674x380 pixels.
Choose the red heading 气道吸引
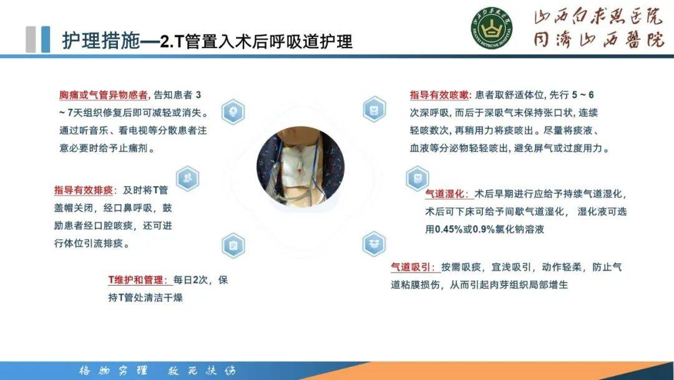413,267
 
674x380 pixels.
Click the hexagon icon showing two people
188,178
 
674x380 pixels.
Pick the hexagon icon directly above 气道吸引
374,242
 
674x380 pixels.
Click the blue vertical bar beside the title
46,39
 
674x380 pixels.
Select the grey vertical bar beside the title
31,39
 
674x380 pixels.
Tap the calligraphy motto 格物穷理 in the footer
113,370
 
